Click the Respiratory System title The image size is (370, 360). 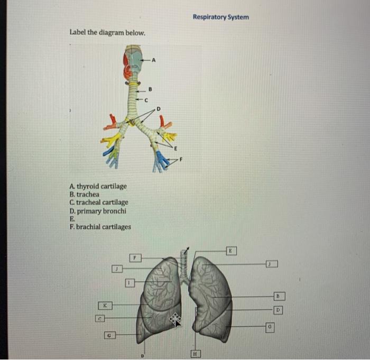(220, 17)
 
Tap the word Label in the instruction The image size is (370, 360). (78, 32)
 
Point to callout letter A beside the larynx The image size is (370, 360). (154, 60)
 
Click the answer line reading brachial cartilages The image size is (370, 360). (100, 227)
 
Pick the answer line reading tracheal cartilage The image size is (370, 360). (98, 202)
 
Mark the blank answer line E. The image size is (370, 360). (71, 219)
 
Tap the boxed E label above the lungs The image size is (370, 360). (230, 248)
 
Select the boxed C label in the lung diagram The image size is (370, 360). (100, 318)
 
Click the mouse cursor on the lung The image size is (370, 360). (175, 319)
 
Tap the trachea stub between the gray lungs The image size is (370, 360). (184, 264)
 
